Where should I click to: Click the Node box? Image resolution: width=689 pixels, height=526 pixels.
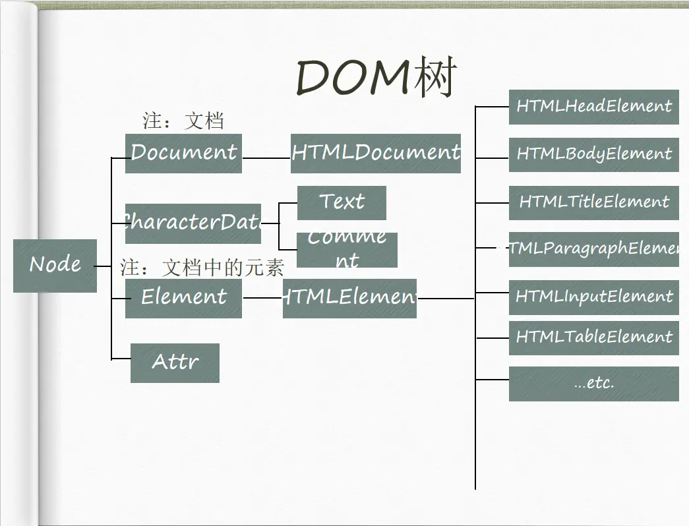[55, 266]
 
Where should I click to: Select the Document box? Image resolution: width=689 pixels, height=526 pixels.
[183, 153]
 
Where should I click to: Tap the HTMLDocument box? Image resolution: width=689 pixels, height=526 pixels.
[375, 153]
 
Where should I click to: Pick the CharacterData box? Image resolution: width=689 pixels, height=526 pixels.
[193, 223]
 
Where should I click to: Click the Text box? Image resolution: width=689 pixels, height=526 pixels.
[342, 202]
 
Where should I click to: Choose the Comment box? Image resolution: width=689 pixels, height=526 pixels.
[347, 250]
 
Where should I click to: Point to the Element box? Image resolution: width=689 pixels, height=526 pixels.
[183, 298]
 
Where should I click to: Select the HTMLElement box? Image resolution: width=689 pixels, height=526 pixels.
[349, 298]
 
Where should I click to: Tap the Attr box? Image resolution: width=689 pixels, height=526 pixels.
[175, 363]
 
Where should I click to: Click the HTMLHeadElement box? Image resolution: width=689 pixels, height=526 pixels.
[593, 107]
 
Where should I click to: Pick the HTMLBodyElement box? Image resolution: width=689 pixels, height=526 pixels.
[593, 155]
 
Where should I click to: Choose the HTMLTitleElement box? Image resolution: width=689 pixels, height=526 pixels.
[593, 202]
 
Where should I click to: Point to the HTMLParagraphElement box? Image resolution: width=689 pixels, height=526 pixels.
[593, 249]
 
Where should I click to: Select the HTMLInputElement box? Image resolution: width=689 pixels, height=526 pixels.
[593, 297]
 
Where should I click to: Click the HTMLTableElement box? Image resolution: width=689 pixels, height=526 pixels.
[593, 337]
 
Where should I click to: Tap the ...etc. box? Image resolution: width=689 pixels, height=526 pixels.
[593, 384]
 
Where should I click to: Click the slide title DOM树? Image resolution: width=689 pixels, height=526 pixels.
[376, 78]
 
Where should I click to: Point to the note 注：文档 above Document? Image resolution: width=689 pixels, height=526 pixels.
[183, 121]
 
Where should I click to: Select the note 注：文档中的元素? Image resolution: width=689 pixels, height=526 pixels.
[202, 268]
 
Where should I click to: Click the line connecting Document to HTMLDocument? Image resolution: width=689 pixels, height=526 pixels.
[266, 158]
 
